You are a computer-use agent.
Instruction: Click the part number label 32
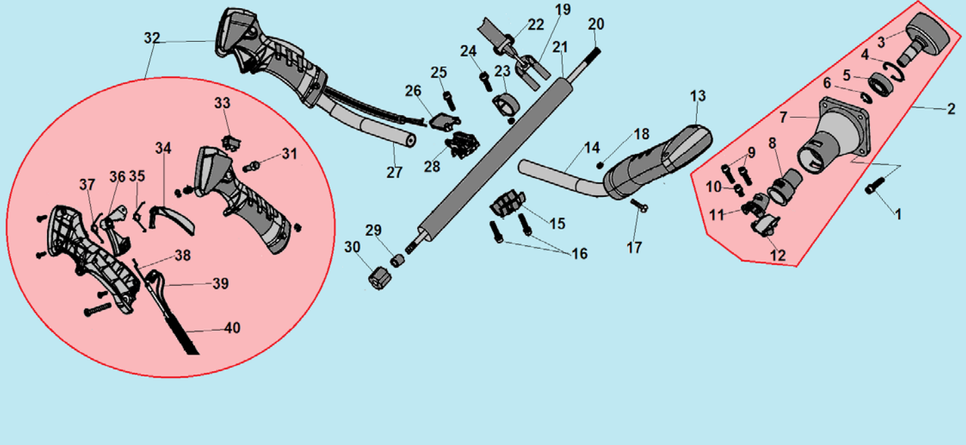pyautogui.click(x=152, y=38)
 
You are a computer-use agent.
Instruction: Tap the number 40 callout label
pyautogui.click(x=233, y=328)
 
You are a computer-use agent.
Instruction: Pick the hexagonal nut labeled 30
pyautogui.click(x=379, y=278)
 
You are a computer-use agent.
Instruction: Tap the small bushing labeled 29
pyautogui.click(x=397, y=260)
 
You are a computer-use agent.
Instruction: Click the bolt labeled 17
pyautogui.click(x=639, y=205)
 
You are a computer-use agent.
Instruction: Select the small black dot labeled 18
pyautogui.click(x=599, y=165)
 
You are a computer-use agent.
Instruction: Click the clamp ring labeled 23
pyautogui.click(x=505, y=105)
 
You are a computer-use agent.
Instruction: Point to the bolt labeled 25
pyautogui.click(x=449, y=101)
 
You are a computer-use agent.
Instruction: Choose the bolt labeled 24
pyautogui.click(x=486, y=81)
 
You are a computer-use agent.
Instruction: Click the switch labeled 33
pyautogui.click(x=231, y=143)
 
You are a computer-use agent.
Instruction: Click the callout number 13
pyautogui.click(x=698, y=95)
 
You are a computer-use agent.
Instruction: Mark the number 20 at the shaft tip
pyautogui.click(x=596, y=24)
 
